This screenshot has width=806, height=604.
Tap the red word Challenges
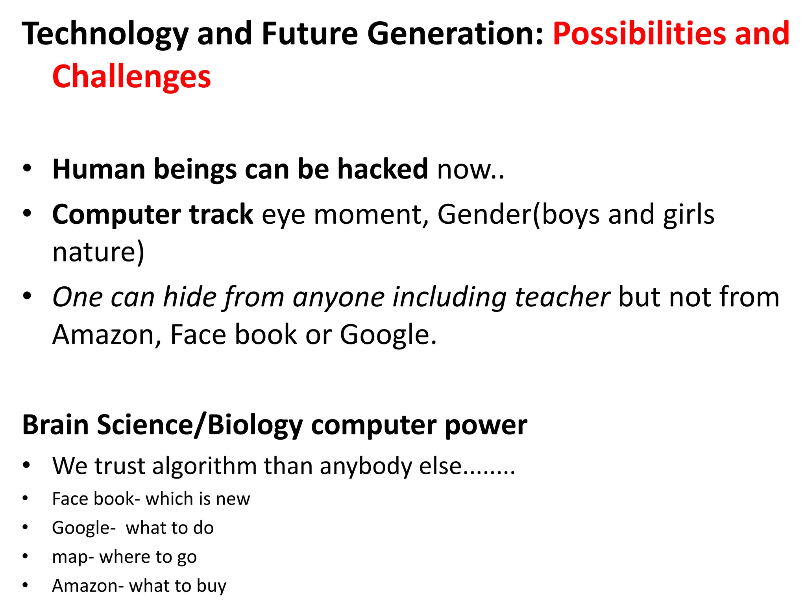[131, 77]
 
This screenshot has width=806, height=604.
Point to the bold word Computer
[116, 215]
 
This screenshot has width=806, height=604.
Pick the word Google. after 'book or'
[388, 335]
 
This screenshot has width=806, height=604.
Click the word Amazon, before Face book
[107, 335]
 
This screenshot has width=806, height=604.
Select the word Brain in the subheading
[55, 425]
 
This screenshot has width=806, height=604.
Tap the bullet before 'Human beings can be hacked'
[26, 168]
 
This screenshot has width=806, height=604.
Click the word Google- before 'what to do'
[83, 528]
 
